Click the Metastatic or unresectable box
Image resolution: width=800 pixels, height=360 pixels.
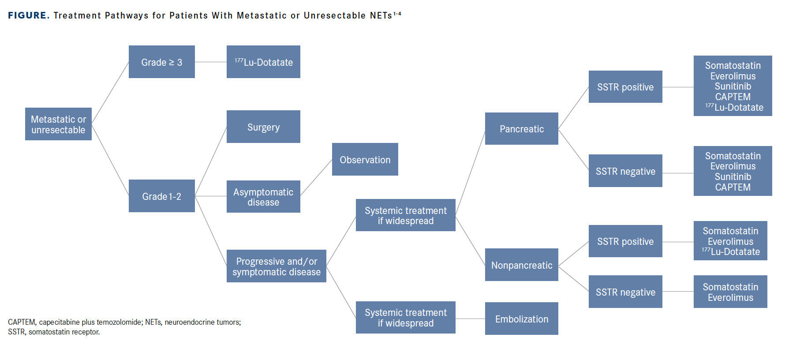pos(58,124)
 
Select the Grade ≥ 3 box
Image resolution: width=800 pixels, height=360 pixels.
pos(161,62)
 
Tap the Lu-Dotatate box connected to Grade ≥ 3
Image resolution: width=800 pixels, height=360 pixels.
pos(263,62)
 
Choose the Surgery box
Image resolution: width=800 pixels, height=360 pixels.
pos(263,127)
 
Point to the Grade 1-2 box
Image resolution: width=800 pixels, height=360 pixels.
pos(161,196)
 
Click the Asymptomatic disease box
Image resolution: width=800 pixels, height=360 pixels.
pos(263,197)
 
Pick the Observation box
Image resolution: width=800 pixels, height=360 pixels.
pos(365,159)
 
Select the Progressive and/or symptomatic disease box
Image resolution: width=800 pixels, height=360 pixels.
pos(276,266)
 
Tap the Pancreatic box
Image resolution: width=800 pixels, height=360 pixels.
pos(521,129)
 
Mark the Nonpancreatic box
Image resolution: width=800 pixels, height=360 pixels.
pos(521,265)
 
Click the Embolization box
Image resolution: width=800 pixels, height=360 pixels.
pos(521,319)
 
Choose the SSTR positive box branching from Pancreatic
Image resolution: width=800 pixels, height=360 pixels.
pos(625,87)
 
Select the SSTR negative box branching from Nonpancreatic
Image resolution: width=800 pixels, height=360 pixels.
pos(625,292)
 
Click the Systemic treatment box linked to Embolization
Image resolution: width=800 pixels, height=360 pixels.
pos(405,318)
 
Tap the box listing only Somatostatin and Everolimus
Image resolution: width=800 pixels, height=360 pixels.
pos(730,292)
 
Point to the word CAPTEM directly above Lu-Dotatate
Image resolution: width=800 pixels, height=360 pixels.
pos(733,97)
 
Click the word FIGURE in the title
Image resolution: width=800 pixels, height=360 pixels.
pos(27,15)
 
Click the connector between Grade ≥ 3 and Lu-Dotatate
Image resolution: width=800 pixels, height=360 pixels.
pos(210,62)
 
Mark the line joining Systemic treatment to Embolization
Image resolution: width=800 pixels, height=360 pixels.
pos(470,319)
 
